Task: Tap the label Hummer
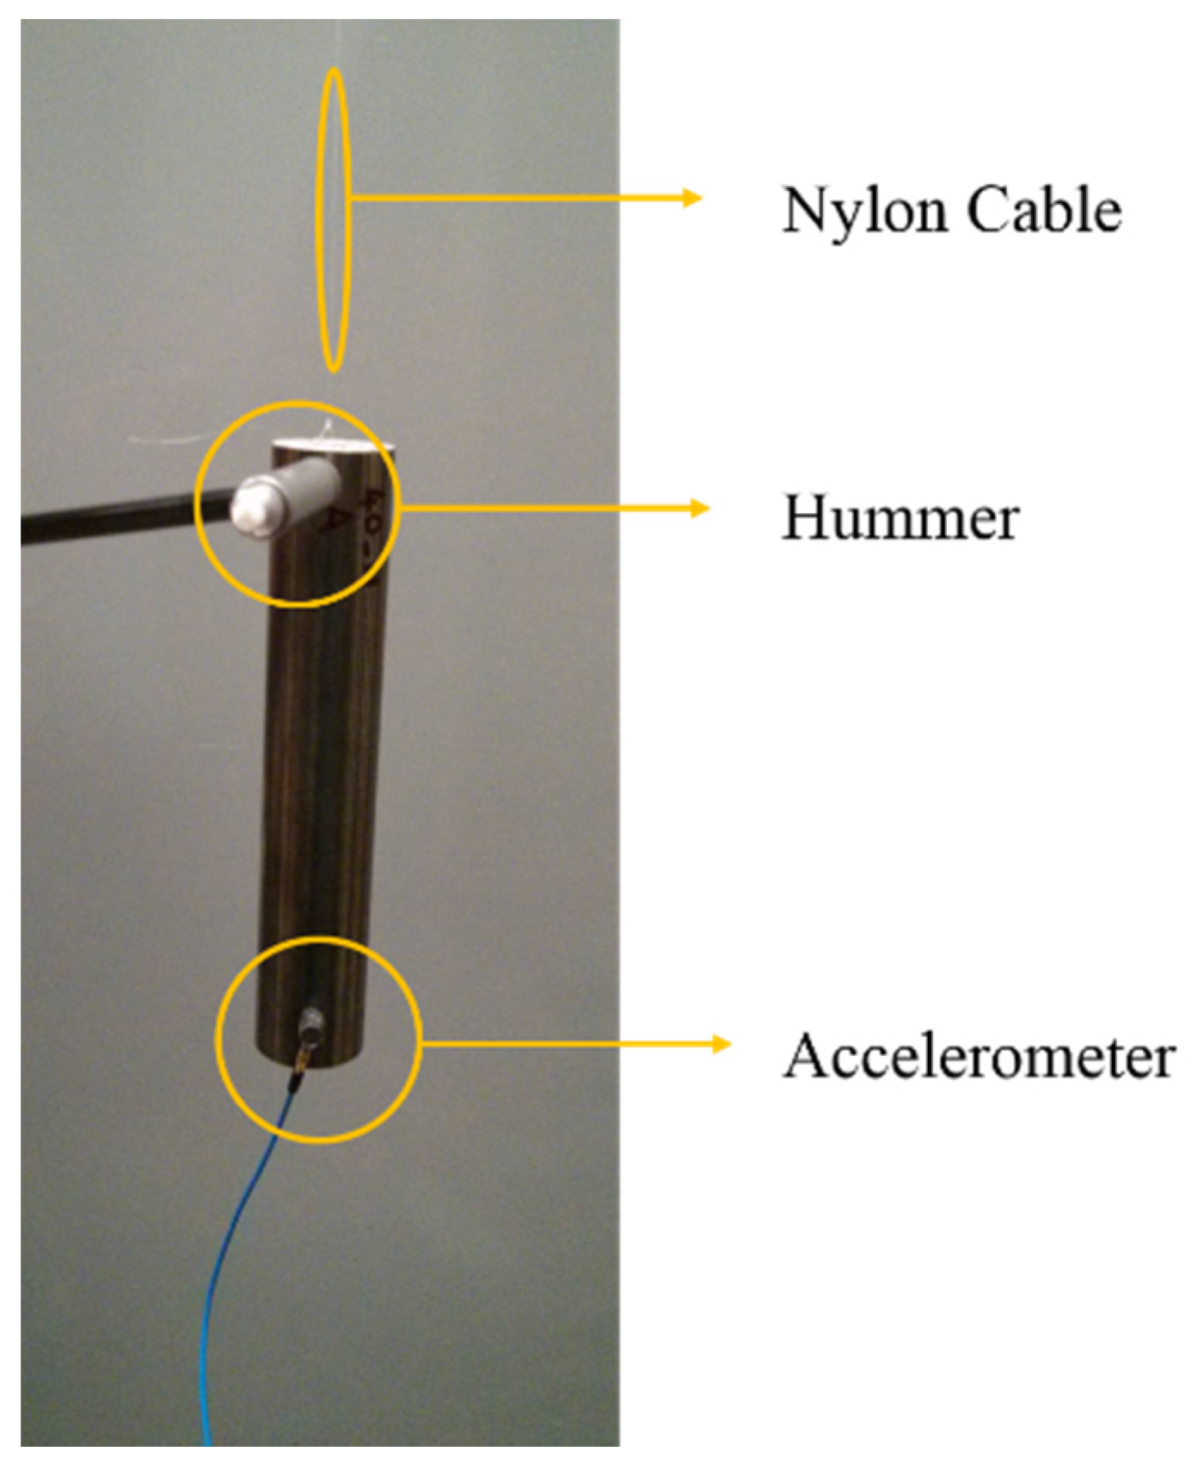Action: pyautogui.click(x=900, y=519)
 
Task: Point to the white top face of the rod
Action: pyautogui.click(x=331, y=446)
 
